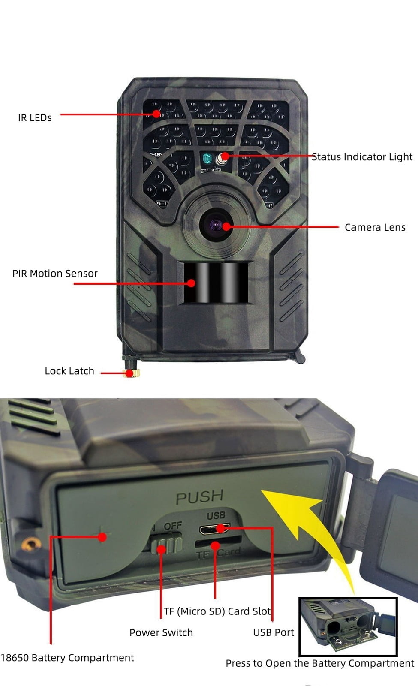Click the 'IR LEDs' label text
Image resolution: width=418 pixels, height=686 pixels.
tap(35, 118)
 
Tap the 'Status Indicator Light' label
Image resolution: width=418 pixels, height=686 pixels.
tap(362, 157)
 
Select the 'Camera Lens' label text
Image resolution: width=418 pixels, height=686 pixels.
tap(375, 227)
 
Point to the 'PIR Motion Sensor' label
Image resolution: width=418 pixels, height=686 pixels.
tap(55, 274)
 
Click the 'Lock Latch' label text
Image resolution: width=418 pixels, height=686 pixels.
tap(69, 371)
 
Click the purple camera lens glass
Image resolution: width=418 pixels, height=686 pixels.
tap(216, 225)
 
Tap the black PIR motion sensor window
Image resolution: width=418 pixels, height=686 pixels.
tap(216, 283)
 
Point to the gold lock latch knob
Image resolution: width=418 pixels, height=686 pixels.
tap(131, 373)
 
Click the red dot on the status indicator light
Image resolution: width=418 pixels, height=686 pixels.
tap(225, 156)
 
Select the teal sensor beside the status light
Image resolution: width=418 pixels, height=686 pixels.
tap(207, 159)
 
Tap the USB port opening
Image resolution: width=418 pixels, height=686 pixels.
tap(215, 529)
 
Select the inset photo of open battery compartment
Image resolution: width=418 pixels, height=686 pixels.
tap(348, 626)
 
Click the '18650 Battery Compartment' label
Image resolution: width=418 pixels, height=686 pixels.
tap(67, 658)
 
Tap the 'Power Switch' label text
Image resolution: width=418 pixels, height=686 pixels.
tap(161, 632)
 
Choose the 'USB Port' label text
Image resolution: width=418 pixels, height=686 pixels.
tap(274, 632)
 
